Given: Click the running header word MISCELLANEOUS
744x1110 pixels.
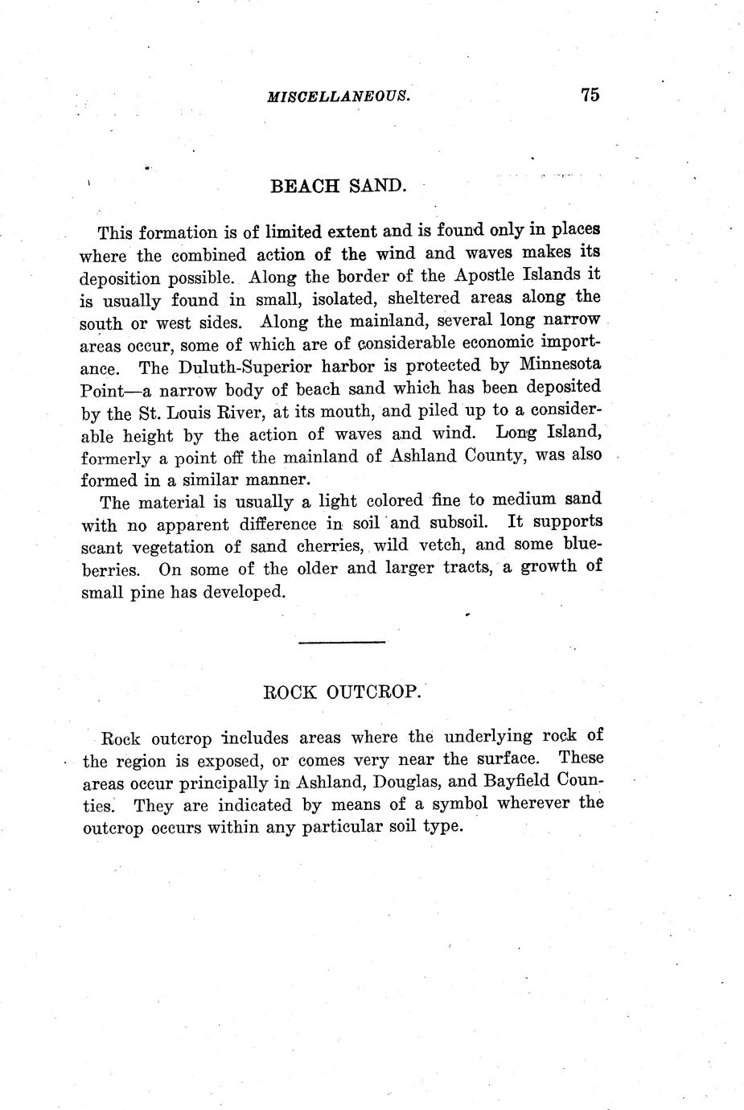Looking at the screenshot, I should pyautogui.click(x=339, y=96).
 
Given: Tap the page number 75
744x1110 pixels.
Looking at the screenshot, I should pyautogui.click(x=589, y=94).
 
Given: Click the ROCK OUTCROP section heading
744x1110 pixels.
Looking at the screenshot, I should pyautogui.click(x=342, y=692).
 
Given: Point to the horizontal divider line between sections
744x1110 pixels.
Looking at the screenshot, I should pyautogui.click(x=342, y=641).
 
